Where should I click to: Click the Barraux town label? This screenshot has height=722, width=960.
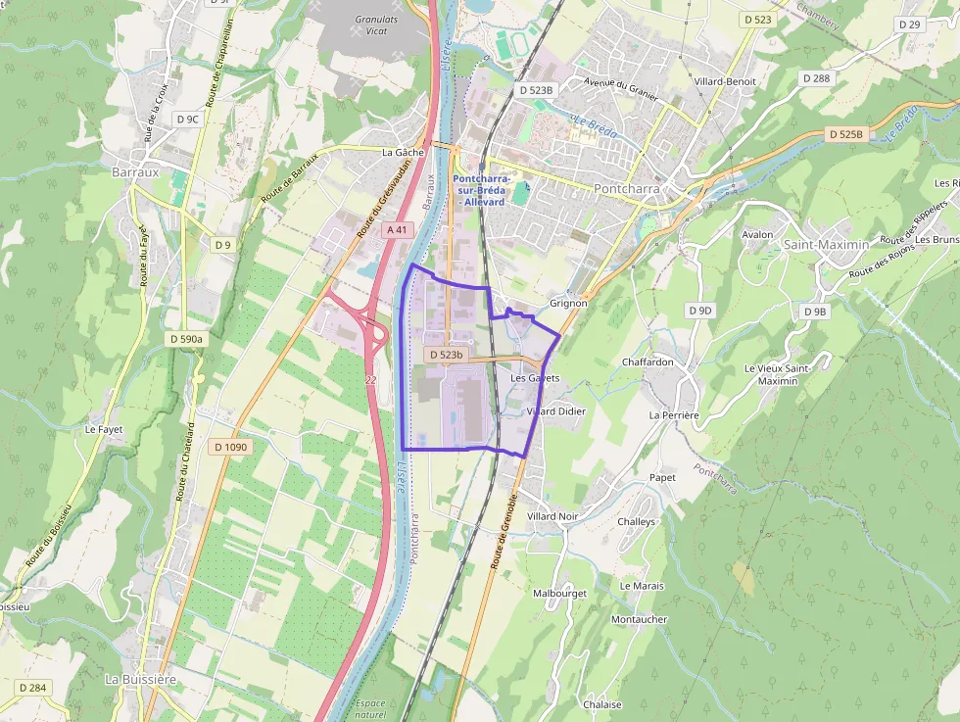[x=135, y=171]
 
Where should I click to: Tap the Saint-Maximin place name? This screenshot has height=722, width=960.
[x=825, y=244]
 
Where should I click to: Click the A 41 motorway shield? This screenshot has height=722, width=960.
[x=396, y=229]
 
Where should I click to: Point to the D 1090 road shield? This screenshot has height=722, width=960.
[x=231, y=447]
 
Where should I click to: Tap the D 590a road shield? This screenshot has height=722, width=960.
[x=185, y=339]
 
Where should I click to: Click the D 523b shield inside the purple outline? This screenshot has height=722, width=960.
[x=446, y=355]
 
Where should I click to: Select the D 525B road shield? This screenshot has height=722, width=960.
[x=846, y=134]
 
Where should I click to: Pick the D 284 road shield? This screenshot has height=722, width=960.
[x=32, y=688]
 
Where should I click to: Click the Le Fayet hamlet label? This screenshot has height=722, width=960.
[x=102, y=429]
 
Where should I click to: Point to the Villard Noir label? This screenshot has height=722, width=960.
[x=552, y=516]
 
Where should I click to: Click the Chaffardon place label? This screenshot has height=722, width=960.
[x=648, y=361]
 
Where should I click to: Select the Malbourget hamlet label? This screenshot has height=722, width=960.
[x=559, y=594]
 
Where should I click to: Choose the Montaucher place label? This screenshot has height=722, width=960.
[x=639, y=619]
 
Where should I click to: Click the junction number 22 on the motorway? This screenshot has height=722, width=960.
[x=369, y=378]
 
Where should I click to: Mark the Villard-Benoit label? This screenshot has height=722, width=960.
[x=725, y=81]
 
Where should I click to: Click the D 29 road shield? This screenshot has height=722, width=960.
[x=909, y=24]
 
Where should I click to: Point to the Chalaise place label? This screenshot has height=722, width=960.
[x=602, y=704]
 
